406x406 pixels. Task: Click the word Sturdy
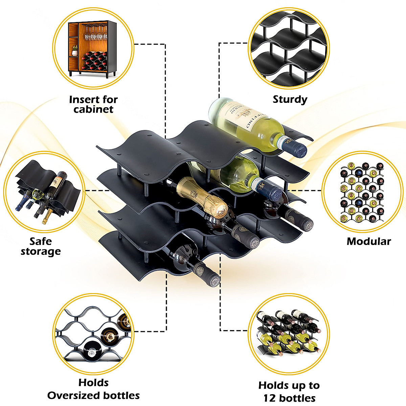point(290,99)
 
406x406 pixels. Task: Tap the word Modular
point(368,241)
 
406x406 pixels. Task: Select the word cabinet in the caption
point(93,109)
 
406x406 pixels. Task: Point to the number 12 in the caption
point(269,398)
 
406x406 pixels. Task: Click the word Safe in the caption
point(41,241)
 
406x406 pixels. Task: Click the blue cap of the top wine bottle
point(298,148)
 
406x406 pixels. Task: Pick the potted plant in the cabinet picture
point(75,50)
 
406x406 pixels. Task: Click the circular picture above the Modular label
point(362,192)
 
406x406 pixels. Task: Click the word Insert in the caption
point(83,100)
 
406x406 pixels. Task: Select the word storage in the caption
point(41,251)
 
